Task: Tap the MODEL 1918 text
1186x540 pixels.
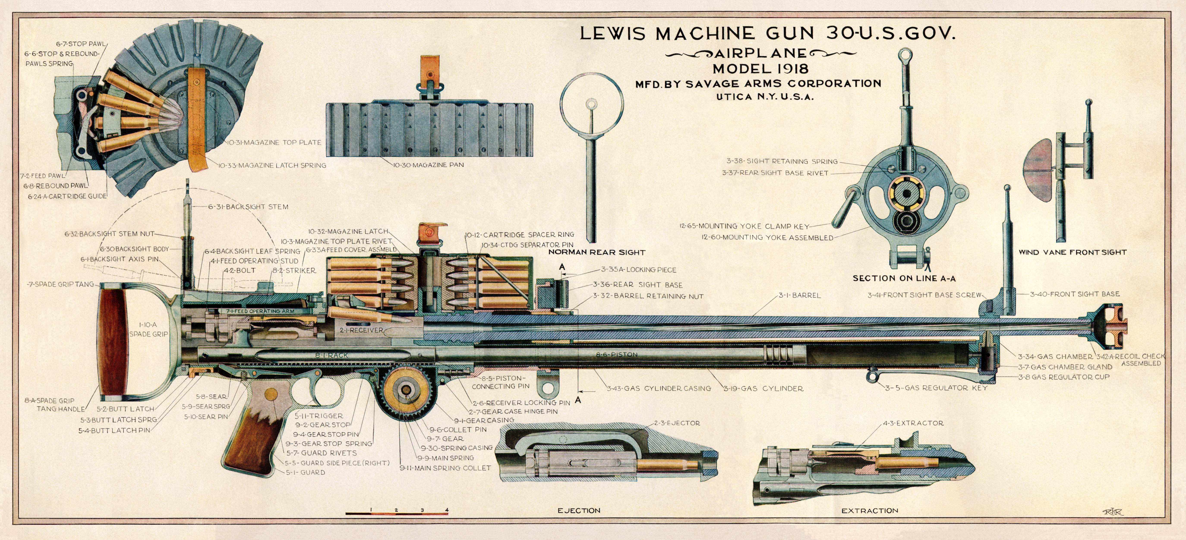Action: click(x=761, y=69)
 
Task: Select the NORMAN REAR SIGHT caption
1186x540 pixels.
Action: click(x=597, y=252)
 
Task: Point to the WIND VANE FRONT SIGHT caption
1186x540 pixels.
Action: click(x=1072, y=252)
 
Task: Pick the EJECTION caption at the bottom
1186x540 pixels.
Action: click(x=579, y=510)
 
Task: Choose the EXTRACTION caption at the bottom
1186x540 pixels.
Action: click(x=870, y=510)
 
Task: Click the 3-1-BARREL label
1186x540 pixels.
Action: click(x=800, y=295)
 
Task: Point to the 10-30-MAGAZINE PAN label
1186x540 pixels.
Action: click(x=428, y=165)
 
